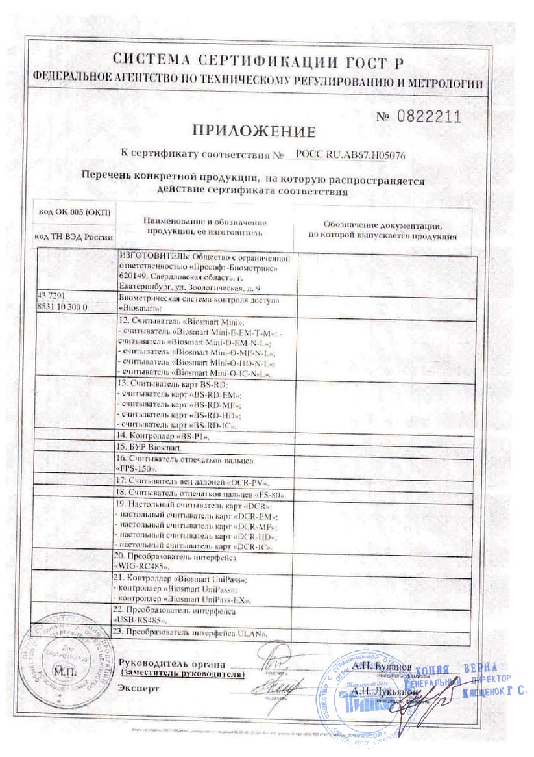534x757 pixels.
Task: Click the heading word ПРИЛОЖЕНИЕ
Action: [254, 132]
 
